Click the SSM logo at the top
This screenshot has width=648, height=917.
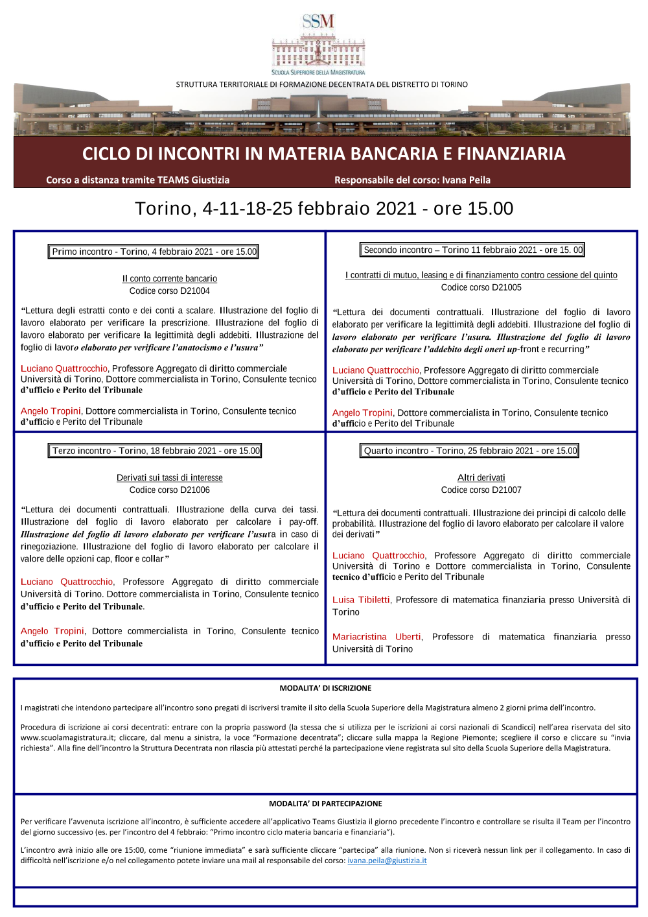[x=318, y=44]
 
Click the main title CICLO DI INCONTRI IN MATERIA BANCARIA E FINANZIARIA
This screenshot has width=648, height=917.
[x=323, y=154]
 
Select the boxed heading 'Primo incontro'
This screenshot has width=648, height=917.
[x=154, y=252]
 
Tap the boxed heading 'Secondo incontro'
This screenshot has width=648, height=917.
[x=472, y=250]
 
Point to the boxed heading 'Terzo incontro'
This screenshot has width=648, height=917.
[x=156, y=451]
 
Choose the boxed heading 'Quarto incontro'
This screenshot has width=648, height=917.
[x=470, y=451]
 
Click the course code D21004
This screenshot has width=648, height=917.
[x=169, y=291]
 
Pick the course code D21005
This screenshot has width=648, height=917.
[x=481, y=287]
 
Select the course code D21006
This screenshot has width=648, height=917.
[x=169, y=490]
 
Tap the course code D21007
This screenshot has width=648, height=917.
[x=481, y=490]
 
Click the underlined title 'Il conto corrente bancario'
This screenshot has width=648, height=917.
[x=169, y=279]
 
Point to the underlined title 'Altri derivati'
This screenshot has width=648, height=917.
[x=481, y=478]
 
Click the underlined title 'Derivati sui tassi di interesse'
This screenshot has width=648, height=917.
[x=169, y=478]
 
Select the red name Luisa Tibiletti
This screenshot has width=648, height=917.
[x=361, y=600]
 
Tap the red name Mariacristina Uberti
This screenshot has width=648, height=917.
[x=376, y=637]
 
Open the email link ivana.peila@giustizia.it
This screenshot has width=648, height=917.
[x=387, y=861]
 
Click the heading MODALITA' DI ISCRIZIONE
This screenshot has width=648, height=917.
[x=325, y=688]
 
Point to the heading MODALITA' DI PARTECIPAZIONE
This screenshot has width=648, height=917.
[x=325, y=804]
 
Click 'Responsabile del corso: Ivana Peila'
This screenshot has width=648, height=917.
[x=412, y=180]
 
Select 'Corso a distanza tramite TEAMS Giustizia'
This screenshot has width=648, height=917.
[x=137, y=180]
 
